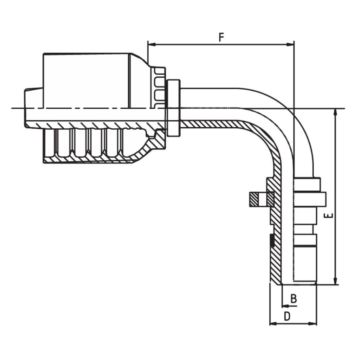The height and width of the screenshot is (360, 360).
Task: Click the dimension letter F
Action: (x=221, y=37)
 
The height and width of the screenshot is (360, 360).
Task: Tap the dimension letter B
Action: (x=294, y=299)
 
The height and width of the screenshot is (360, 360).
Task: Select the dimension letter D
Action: (x=287, y=316)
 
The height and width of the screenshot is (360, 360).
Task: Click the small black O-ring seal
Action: (x=271, y=240)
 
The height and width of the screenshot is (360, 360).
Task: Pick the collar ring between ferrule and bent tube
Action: (x=174, y=108)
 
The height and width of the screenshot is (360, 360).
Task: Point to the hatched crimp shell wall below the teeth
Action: (x=88, y=160)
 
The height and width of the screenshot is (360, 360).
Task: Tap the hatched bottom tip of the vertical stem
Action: (x=276, y=278)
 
